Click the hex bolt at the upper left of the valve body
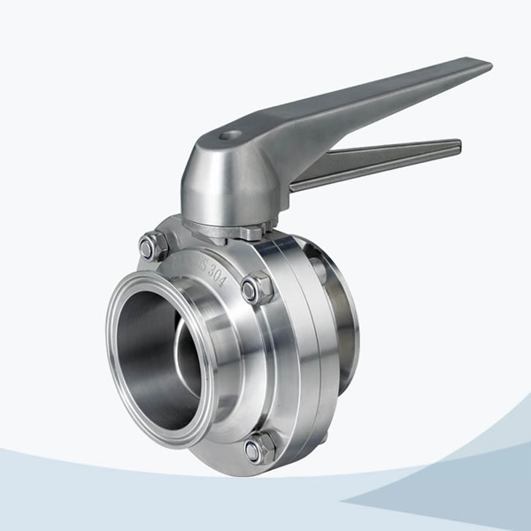(x=152, y=245)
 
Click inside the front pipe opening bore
(x=155, y=354)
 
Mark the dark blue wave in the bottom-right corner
(x=460, y=496)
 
